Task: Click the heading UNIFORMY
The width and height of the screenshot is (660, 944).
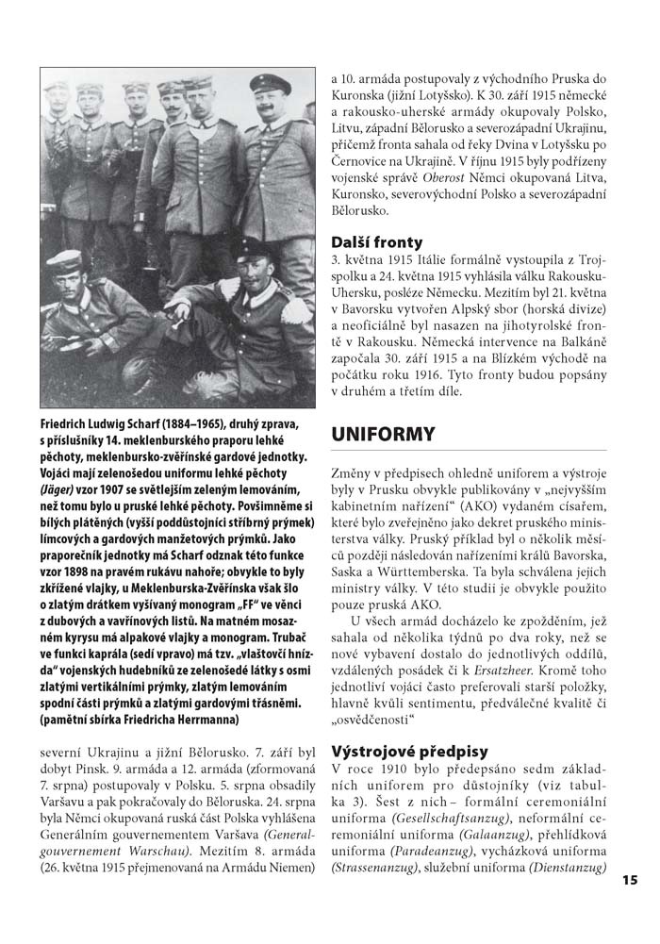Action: point(383,435)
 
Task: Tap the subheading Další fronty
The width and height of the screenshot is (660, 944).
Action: point(377,242)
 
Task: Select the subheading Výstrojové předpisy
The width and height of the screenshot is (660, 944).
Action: point(410,752)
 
